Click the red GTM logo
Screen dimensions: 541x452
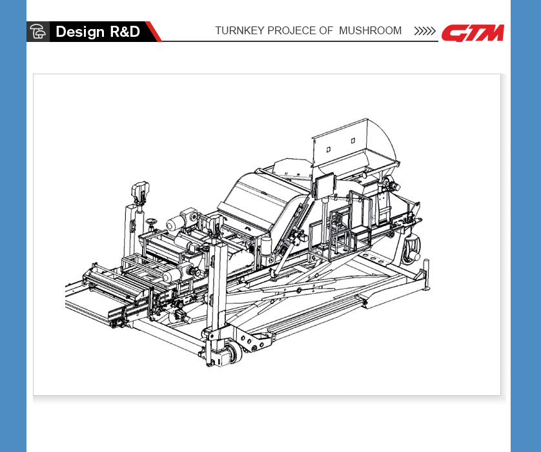point(473,33)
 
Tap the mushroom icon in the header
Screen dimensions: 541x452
point(38,32)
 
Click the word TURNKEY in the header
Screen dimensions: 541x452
point(240,31)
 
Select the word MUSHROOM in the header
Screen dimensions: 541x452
point(370,31)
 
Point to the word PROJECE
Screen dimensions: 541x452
point(292,31)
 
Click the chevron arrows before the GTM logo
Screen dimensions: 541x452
point(425,31)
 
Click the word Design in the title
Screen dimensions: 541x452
point(80,32)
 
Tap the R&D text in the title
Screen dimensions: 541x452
point(125,32)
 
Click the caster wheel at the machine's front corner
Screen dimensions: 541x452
point(234,353)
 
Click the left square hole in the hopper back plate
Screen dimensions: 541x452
point(329,149)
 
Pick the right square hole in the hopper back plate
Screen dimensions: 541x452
point(353,140)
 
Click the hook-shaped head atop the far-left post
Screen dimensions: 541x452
point(140,192)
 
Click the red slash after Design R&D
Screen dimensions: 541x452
point(154,32)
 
